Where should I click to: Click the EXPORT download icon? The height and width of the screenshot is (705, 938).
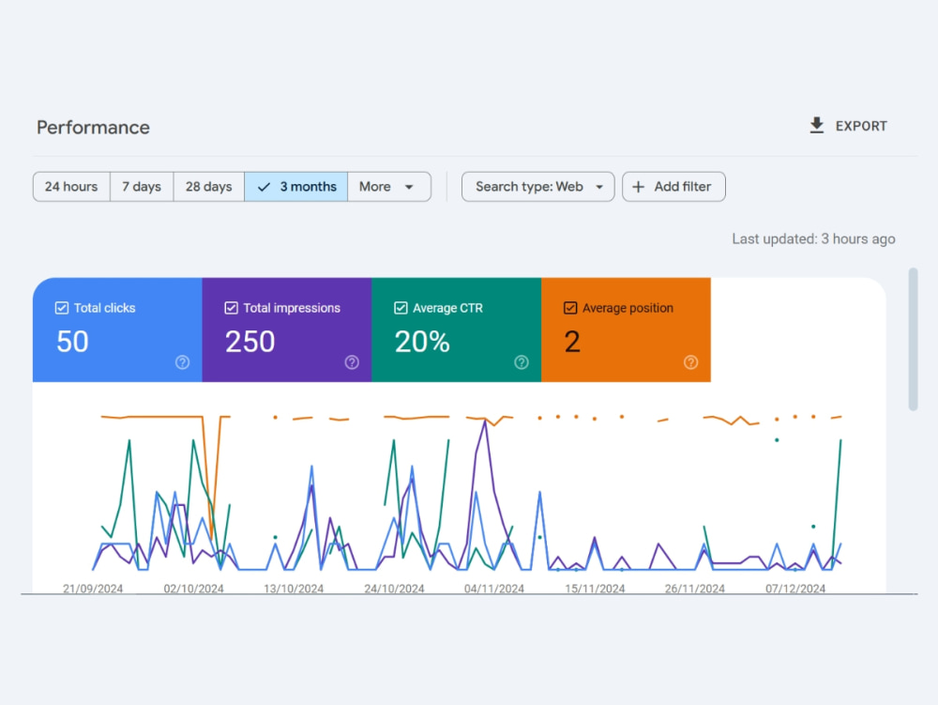coord(817,126)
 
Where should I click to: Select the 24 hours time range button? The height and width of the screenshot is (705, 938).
coord(71,187)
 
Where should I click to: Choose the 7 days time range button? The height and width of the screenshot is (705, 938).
coord(142,187)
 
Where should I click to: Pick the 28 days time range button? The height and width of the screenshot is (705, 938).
coord(209,187)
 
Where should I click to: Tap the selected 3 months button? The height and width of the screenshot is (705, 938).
coord(296,187)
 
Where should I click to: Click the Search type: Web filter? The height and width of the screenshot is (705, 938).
coord(537,187)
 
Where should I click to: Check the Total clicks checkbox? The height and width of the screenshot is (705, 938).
coord(62,308)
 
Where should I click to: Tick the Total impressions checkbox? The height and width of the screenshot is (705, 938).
coord(231,308)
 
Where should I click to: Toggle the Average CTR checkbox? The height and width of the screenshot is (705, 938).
coord(401,308)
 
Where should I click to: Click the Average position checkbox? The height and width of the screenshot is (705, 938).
coord(570,308)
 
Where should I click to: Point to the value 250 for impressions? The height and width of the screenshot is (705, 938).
coord(250,342)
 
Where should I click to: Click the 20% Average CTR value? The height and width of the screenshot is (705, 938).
coord(422,342)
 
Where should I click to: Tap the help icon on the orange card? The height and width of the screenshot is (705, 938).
coord(691,362)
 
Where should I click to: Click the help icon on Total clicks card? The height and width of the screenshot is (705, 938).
coord(183,362)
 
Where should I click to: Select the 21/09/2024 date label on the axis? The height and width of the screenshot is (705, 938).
coord(93,589)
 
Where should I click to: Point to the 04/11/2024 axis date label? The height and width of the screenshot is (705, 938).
coord(494,589)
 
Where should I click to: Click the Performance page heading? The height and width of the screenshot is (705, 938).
coord(93,128)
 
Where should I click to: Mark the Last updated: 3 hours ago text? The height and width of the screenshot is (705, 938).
coord(813,238)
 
